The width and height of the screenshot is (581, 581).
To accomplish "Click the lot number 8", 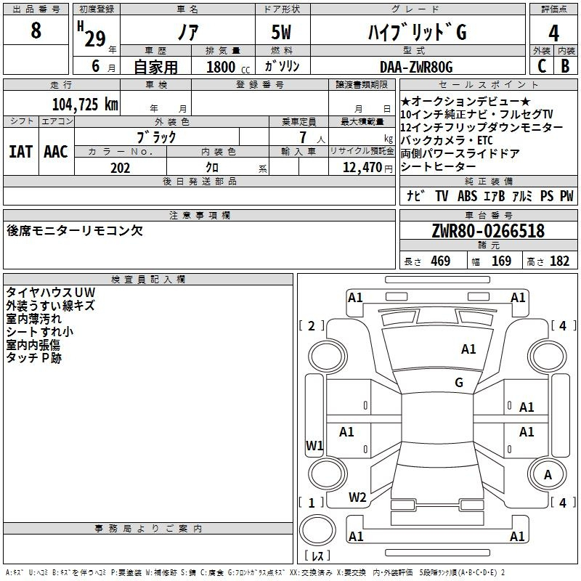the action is [36, 30].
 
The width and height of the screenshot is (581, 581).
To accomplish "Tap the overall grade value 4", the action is [553, 33].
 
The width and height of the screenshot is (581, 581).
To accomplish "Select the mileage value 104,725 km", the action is [85, 105].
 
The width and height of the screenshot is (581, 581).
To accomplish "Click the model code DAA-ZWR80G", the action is [416, 67].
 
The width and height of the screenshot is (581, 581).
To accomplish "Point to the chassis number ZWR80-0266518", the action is [488, 230].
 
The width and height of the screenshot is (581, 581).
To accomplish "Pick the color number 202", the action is [120, 168].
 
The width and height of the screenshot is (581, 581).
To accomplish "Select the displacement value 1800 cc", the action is [228, 67].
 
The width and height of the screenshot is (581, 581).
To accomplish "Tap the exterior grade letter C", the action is [542, 66].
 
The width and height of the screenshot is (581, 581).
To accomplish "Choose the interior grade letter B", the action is [565, 66].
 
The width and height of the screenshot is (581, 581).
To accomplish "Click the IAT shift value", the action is [21, 152].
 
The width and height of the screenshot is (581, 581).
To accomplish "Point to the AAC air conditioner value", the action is [56, 152].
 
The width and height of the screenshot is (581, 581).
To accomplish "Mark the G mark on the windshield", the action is [459, 383].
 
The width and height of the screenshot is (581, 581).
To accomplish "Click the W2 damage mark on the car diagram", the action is [357, 497].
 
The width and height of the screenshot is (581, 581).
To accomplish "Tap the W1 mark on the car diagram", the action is [314, 445].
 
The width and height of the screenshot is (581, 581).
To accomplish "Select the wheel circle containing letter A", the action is [548, 475].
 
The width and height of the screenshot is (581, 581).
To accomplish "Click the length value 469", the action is [441, 261].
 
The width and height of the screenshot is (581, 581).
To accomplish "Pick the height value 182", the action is [559, 261].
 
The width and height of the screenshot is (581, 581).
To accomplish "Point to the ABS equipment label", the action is [467, 196].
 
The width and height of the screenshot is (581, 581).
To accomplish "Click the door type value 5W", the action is [281, 32].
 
